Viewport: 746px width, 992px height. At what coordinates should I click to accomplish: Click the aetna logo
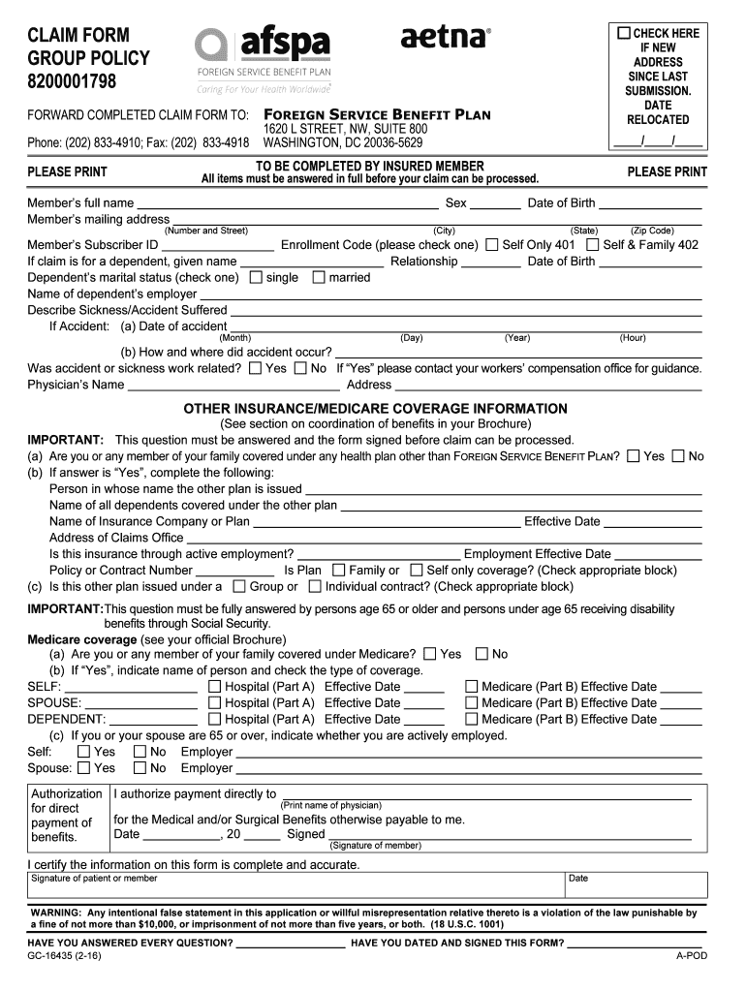point(446,38)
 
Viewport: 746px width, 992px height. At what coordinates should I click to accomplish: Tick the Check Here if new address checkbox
point(625,33)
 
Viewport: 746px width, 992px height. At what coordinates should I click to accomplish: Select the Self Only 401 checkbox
point(492,245)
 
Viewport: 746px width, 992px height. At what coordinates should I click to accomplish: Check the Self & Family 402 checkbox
point(593,245)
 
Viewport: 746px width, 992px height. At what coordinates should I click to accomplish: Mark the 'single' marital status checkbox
point(256,277)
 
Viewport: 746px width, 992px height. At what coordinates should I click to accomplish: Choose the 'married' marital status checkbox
point(319,277)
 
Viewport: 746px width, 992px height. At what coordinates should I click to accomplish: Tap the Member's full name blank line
point(287,203)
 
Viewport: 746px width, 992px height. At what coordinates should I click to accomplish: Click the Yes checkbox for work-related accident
point(255,368)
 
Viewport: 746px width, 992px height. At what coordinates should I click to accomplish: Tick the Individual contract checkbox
point(315,586)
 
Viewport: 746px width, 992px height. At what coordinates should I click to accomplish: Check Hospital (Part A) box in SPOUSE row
point(214,703)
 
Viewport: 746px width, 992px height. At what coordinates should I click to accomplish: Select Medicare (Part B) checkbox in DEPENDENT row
point(472,719)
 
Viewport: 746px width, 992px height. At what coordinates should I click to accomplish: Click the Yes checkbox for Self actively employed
point(83,752)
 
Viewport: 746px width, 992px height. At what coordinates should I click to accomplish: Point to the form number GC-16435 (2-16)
point(64,956)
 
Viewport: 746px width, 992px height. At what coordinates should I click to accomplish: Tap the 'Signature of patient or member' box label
point(94,879)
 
